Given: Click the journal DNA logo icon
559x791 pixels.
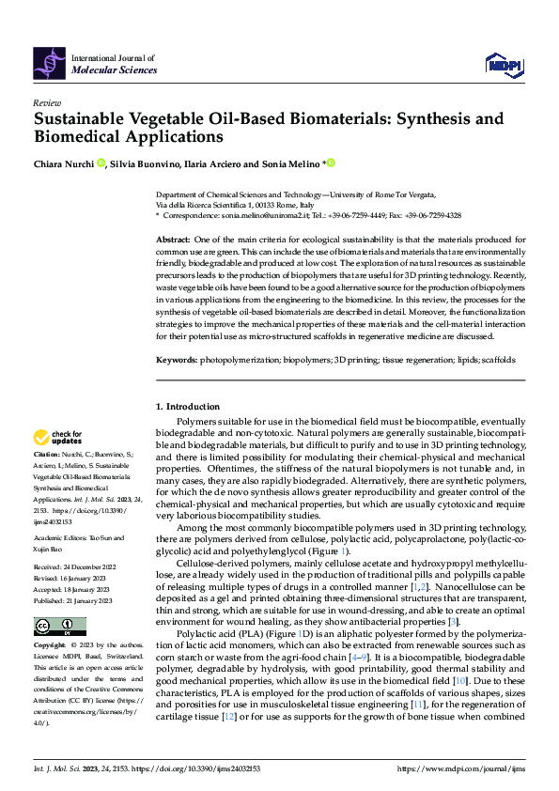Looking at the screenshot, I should click(49, 62).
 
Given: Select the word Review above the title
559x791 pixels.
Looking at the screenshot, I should click(46, 102).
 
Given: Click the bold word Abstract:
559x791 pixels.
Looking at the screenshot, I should click(172, 240).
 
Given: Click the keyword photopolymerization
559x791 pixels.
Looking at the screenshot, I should click(243, 359).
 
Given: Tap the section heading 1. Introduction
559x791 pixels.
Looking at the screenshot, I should click(186, 406).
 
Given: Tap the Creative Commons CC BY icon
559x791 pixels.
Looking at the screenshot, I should click(59, 626).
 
